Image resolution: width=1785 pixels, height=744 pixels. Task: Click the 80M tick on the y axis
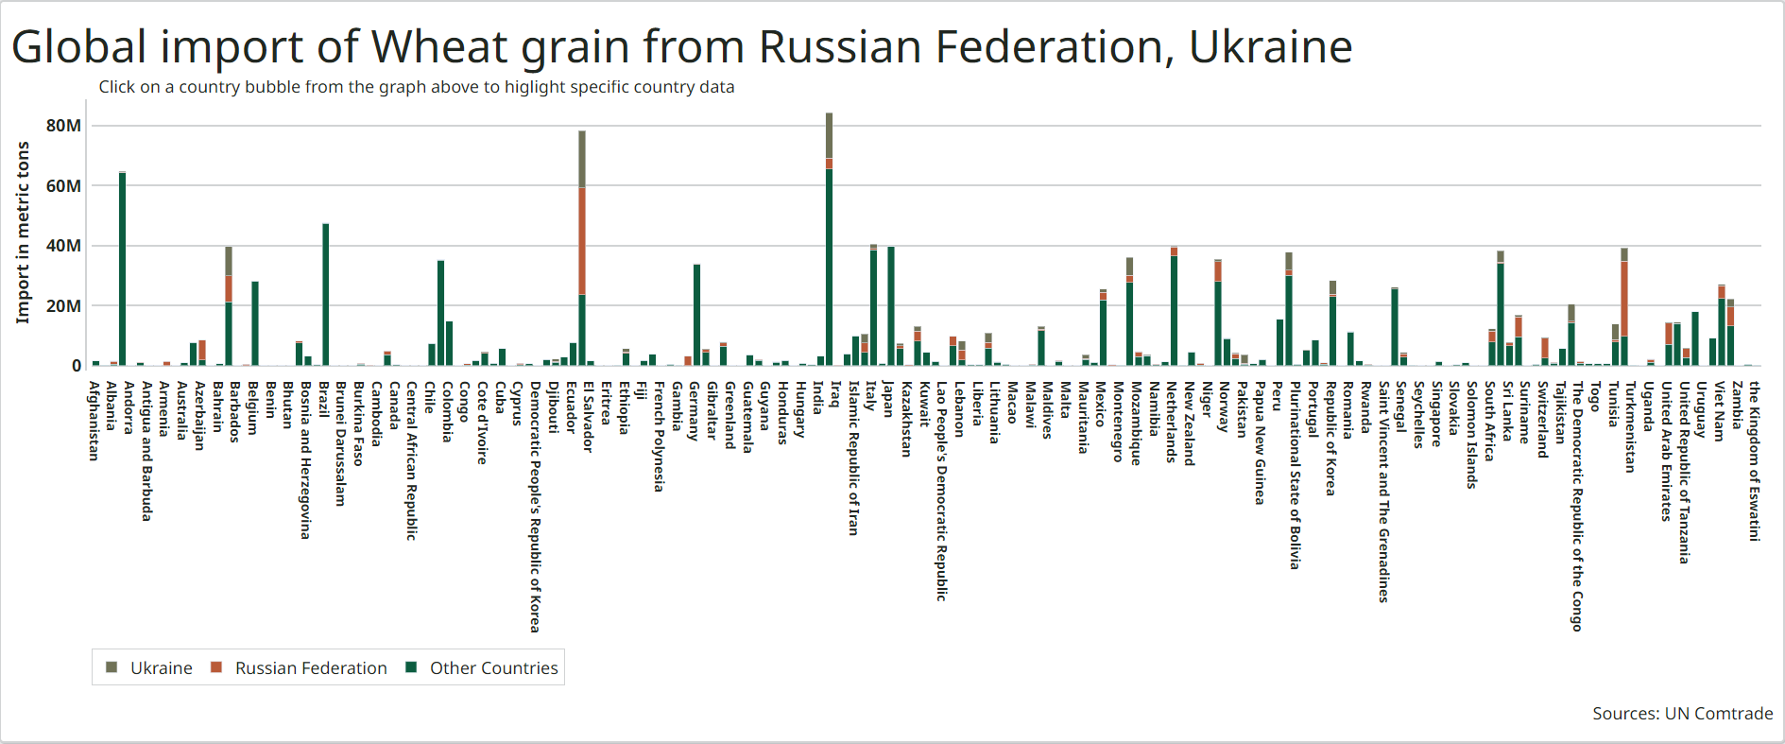click(63, 126)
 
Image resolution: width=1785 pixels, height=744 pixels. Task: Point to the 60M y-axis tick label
click(63, 186)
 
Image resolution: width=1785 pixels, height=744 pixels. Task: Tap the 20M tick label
click(63, 306)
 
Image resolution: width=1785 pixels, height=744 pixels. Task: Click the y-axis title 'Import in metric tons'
click(23, 233)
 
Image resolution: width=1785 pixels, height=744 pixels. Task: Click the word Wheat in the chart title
click(435, 47)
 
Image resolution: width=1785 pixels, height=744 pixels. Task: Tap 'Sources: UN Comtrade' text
click(1682, 714)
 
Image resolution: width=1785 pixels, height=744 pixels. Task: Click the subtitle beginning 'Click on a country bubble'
click(416, 87)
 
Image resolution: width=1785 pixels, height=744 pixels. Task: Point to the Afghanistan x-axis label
click(94, 421)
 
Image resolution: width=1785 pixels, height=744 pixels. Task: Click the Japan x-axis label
click(888, 399)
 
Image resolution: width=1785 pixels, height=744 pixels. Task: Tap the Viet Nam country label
click(1720, 411)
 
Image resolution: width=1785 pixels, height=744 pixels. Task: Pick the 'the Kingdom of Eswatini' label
click(1755, 461)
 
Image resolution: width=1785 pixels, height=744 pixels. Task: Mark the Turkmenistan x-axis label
click(1630, 426)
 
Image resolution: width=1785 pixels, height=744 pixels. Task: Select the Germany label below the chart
click(695, 411)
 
